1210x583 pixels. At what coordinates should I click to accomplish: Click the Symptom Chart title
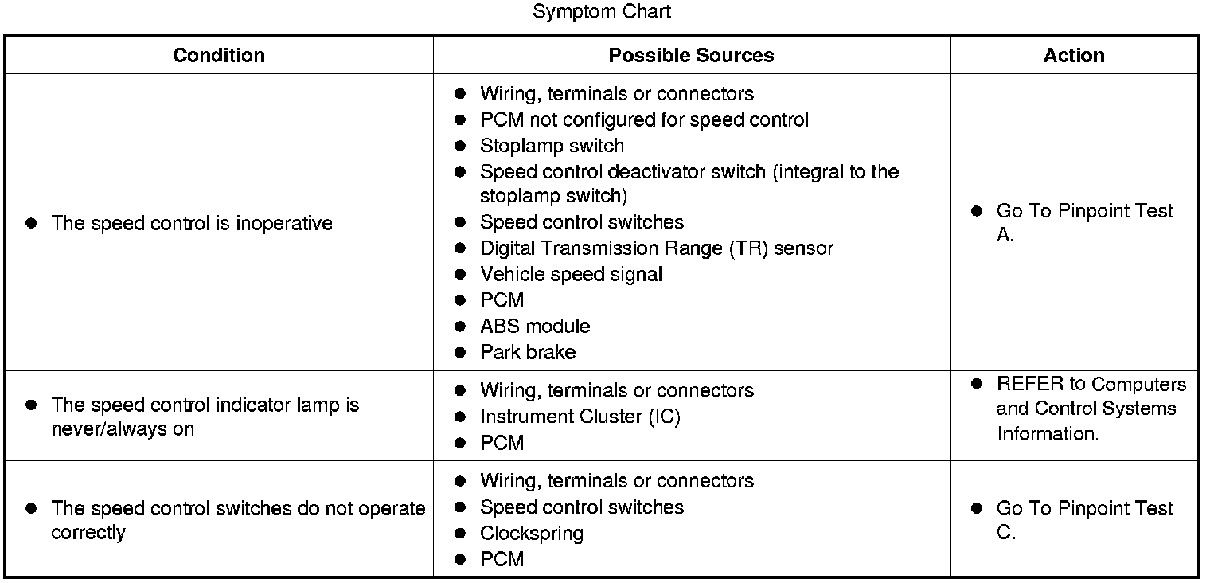[601, 12]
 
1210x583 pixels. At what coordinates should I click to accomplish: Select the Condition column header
[219, 55]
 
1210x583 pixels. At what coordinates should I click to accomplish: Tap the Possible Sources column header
[691, 55]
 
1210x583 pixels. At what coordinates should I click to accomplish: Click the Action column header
[1074, 55]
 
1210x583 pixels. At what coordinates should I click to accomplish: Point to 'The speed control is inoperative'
[192, 224]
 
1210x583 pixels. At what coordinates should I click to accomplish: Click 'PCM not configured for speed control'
[644, 119]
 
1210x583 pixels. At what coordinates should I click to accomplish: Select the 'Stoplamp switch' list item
[552, 146]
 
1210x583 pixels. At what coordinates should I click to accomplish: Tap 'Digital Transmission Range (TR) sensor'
[657, 248]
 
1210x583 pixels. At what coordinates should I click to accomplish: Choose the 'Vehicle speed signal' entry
[571, 275]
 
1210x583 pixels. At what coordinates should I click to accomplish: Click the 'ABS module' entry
[535, 327]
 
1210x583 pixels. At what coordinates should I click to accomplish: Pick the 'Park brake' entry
[528, 353]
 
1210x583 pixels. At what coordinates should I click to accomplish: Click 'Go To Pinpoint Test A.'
[1084, 223]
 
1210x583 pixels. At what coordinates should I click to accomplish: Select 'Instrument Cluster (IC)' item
[580, 417]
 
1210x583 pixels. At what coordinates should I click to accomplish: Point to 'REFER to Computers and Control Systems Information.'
[1091, 409]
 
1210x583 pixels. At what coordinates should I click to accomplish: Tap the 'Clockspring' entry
[532, 533]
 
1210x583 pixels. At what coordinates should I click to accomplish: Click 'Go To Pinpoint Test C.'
[1084, 520]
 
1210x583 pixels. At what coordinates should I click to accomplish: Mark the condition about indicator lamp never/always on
[205, 417]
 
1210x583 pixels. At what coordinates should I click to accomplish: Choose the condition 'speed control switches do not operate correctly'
[237, 520]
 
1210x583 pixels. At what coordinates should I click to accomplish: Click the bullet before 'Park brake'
[459, 353]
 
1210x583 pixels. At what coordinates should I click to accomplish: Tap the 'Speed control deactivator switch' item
[689, 183]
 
